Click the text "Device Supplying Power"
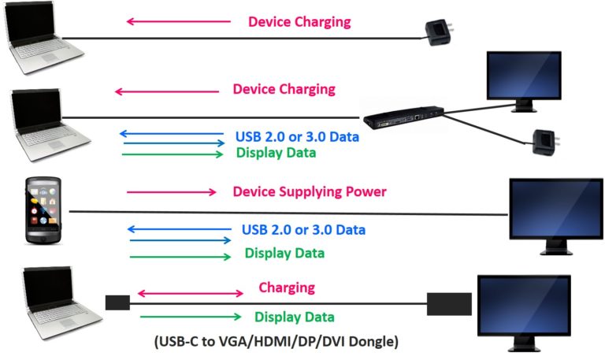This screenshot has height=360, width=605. pos(310,191)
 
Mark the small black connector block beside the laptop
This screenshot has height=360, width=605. pos(117,302)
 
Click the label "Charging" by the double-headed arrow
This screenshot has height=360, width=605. pos(286,288)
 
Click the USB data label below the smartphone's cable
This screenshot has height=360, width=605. pos(303,230)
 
